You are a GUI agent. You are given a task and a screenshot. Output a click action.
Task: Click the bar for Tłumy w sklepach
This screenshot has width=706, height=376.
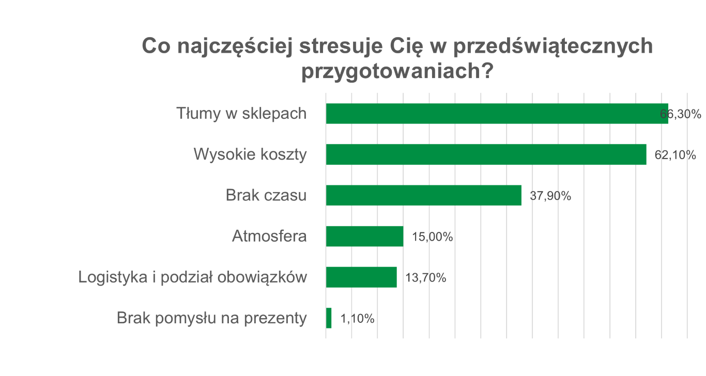(496, 114)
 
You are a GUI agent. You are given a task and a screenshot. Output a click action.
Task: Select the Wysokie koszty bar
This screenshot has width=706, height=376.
(486, 154)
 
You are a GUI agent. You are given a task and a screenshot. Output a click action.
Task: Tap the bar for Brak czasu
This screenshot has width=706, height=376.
(423, 195)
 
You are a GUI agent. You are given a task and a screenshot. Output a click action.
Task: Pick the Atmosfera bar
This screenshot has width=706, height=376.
(364, 237)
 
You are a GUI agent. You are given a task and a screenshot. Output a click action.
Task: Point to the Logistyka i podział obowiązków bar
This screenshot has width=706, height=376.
(361, 277)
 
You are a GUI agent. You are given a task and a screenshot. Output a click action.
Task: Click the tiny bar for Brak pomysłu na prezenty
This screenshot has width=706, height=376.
(329, 318)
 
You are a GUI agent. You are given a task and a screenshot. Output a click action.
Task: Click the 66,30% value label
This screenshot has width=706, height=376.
(681, 114)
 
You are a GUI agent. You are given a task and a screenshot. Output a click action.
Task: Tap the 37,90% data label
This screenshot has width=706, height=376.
(550, 196)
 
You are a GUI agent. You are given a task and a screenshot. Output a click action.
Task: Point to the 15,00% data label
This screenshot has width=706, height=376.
(433, 237)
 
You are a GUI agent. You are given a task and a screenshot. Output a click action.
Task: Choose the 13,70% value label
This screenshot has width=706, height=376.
(425, 278)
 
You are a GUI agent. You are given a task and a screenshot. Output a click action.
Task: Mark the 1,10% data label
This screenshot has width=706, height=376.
(357, 319)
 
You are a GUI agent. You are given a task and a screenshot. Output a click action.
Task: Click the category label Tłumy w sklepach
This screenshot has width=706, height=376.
(241, 114)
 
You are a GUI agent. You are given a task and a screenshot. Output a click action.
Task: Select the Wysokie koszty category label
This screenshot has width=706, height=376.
(250, 154)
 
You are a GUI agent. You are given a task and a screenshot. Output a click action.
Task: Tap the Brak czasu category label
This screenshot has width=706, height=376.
(266, 196)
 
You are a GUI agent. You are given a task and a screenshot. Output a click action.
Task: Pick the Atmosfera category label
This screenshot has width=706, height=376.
(269, 237)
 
